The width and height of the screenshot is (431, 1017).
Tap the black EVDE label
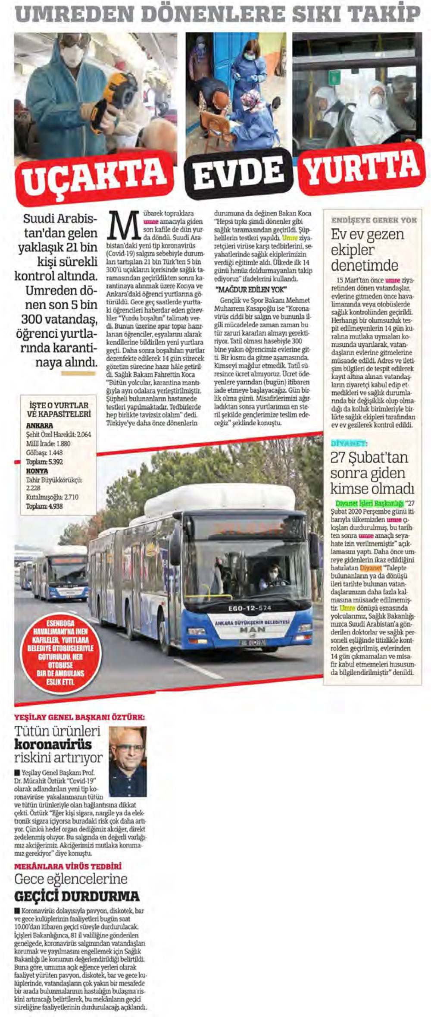coord(238,172)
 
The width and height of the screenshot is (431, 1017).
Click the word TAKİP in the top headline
coord(384,14)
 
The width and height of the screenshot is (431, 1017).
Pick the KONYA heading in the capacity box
coord(37,471)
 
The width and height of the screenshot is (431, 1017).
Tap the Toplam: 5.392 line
coord(44,461)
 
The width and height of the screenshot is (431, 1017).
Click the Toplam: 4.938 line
coord(44,506)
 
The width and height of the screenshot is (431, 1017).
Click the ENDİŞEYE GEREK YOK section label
coord(374,220)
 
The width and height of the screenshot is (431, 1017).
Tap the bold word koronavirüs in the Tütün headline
coord(53,744)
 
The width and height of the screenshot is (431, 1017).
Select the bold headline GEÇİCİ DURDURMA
coord(77,896)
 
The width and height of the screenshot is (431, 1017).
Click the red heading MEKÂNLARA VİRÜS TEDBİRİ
coord(68,866)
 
